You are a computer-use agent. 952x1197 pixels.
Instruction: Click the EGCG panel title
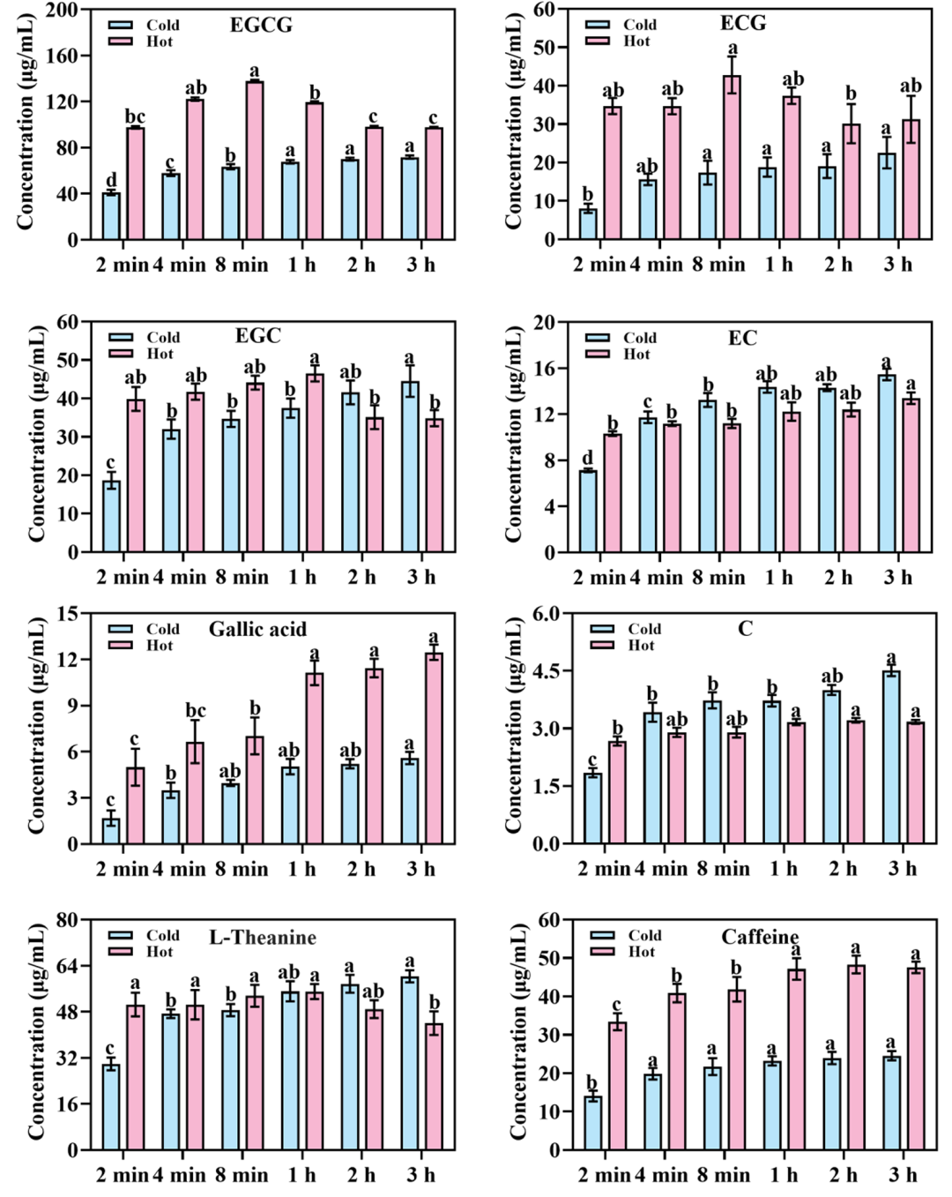(x=261, y=25)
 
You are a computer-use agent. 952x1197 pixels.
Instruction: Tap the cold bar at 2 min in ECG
(x=588, y=224)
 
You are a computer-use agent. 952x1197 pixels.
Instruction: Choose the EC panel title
(x=742, y=338)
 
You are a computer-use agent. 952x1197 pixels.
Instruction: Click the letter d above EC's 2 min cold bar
(x=588, y=458)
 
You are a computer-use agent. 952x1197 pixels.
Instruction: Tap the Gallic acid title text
(x=257, y=629)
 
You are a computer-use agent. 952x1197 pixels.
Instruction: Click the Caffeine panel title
(x=760, y=937)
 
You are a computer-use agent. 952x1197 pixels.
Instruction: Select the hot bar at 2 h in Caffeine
(x=856, y=1058)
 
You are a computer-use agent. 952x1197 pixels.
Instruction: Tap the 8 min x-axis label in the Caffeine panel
(x=723, y=1175)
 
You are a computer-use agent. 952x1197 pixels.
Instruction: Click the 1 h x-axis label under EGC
(x=301, y=577)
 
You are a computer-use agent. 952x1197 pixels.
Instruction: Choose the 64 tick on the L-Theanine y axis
(x=66, y=966)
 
